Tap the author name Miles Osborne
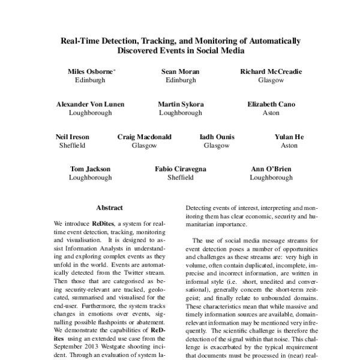[x=89, y=71]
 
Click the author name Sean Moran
[x=180, y=71]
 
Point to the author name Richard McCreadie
[x=271, y=71]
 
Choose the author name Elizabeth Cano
[x=271, y=104]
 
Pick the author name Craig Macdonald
[x=144, y=137]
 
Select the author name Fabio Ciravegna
[x=180, y=169]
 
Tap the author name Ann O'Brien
[x=271, y=169]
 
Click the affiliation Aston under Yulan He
[x=289, y=145]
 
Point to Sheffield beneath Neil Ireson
[x=72, y=145]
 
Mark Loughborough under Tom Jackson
[x=90, y=178]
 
